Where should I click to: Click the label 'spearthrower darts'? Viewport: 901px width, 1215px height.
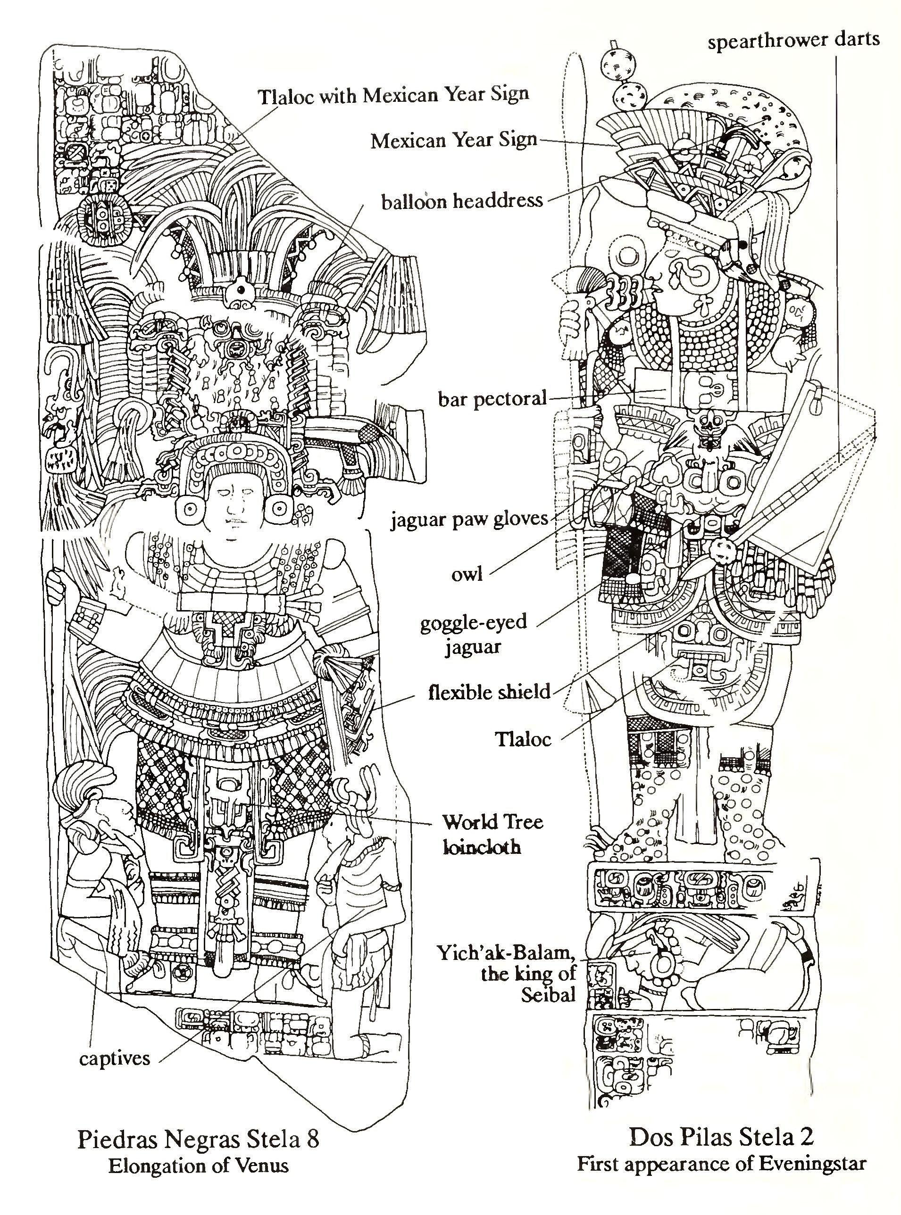793,41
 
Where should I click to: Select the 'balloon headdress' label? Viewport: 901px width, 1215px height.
462,201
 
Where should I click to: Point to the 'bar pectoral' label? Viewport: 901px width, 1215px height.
492,398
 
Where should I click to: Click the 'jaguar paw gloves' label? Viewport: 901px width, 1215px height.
469,518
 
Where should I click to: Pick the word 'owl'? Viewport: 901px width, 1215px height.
467,574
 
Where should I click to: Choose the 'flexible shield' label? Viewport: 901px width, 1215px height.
489,692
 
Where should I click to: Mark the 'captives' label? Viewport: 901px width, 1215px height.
114,1058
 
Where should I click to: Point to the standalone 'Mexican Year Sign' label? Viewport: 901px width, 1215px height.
454,141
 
